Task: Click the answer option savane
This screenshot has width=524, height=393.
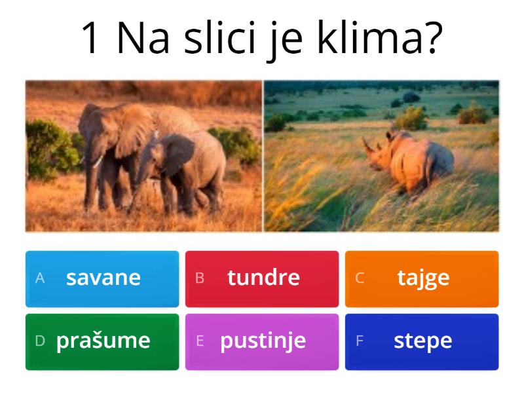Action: coord(102,278)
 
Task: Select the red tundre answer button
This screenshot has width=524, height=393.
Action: coord(262,278)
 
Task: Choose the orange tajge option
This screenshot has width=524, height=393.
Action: coord(422,278)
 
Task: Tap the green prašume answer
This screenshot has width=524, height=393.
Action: coord(102,341)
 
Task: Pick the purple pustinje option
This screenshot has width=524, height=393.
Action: coord(262,341)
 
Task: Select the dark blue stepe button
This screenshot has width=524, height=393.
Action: coord(422,341)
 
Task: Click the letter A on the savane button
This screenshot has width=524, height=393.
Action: coord(40,278)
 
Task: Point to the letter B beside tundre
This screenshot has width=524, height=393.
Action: coord(200,278)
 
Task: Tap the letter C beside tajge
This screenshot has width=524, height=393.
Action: coord(360,278)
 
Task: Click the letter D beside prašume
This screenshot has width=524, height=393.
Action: coord(40,341)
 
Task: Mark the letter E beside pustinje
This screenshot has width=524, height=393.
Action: coord(200,341)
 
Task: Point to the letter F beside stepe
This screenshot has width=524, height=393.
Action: coord(360,341)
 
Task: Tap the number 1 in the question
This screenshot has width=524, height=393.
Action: coord(93,39)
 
